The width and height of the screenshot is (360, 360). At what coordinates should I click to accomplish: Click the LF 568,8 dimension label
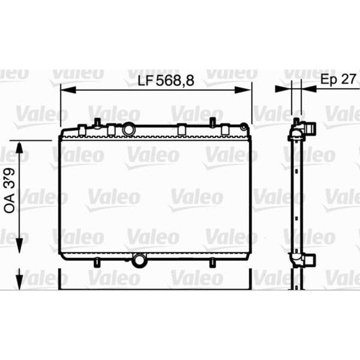pyautogui.click(x=165, y=80)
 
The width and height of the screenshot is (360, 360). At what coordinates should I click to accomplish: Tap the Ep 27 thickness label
pyautogui.click(x=338, y=79)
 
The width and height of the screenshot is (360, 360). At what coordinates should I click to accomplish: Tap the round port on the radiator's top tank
pyautogui.click(x=129, y=130)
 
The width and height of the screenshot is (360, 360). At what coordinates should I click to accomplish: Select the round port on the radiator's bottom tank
pyautogui.click(x=139, y=259)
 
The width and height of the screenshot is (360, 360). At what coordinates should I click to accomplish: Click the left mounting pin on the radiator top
pyautogui.click(x=97, y=122)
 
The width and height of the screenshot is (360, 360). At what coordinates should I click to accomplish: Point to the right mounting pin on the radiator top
pyautogui.click(x=212, y=122)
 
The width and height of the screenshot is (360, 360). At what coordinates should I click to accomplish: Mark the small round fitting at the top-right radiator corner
pyautogui.click(x=244, y=126)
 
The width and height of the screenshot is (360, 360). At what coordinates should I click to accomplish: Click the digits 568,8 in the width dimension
pyautogui.click(x=175, y=80)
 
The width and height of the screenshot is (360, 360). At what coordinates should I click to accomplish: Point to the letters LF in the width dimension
pyautogui.click(x=145, y=80)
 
